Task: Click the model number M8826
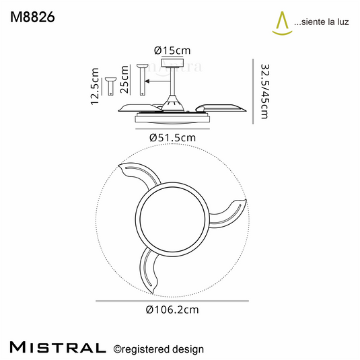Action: point(32,17)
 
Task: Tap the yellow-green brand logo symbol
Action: point(282,24)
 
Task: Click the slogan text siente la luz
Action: point(325,22)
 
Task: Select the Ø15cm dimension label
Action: point(172,50)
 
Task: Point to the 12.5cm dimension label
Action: point(95,86)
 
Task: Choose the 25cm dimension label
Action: point(124,79)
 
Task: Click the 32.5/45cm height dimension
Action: point(264,91)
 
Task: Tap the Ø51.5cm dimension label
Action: point(172,138)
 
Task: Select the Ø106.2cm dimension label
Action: point(172,310)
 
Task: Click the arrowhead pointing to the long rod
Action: point(147,81)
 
